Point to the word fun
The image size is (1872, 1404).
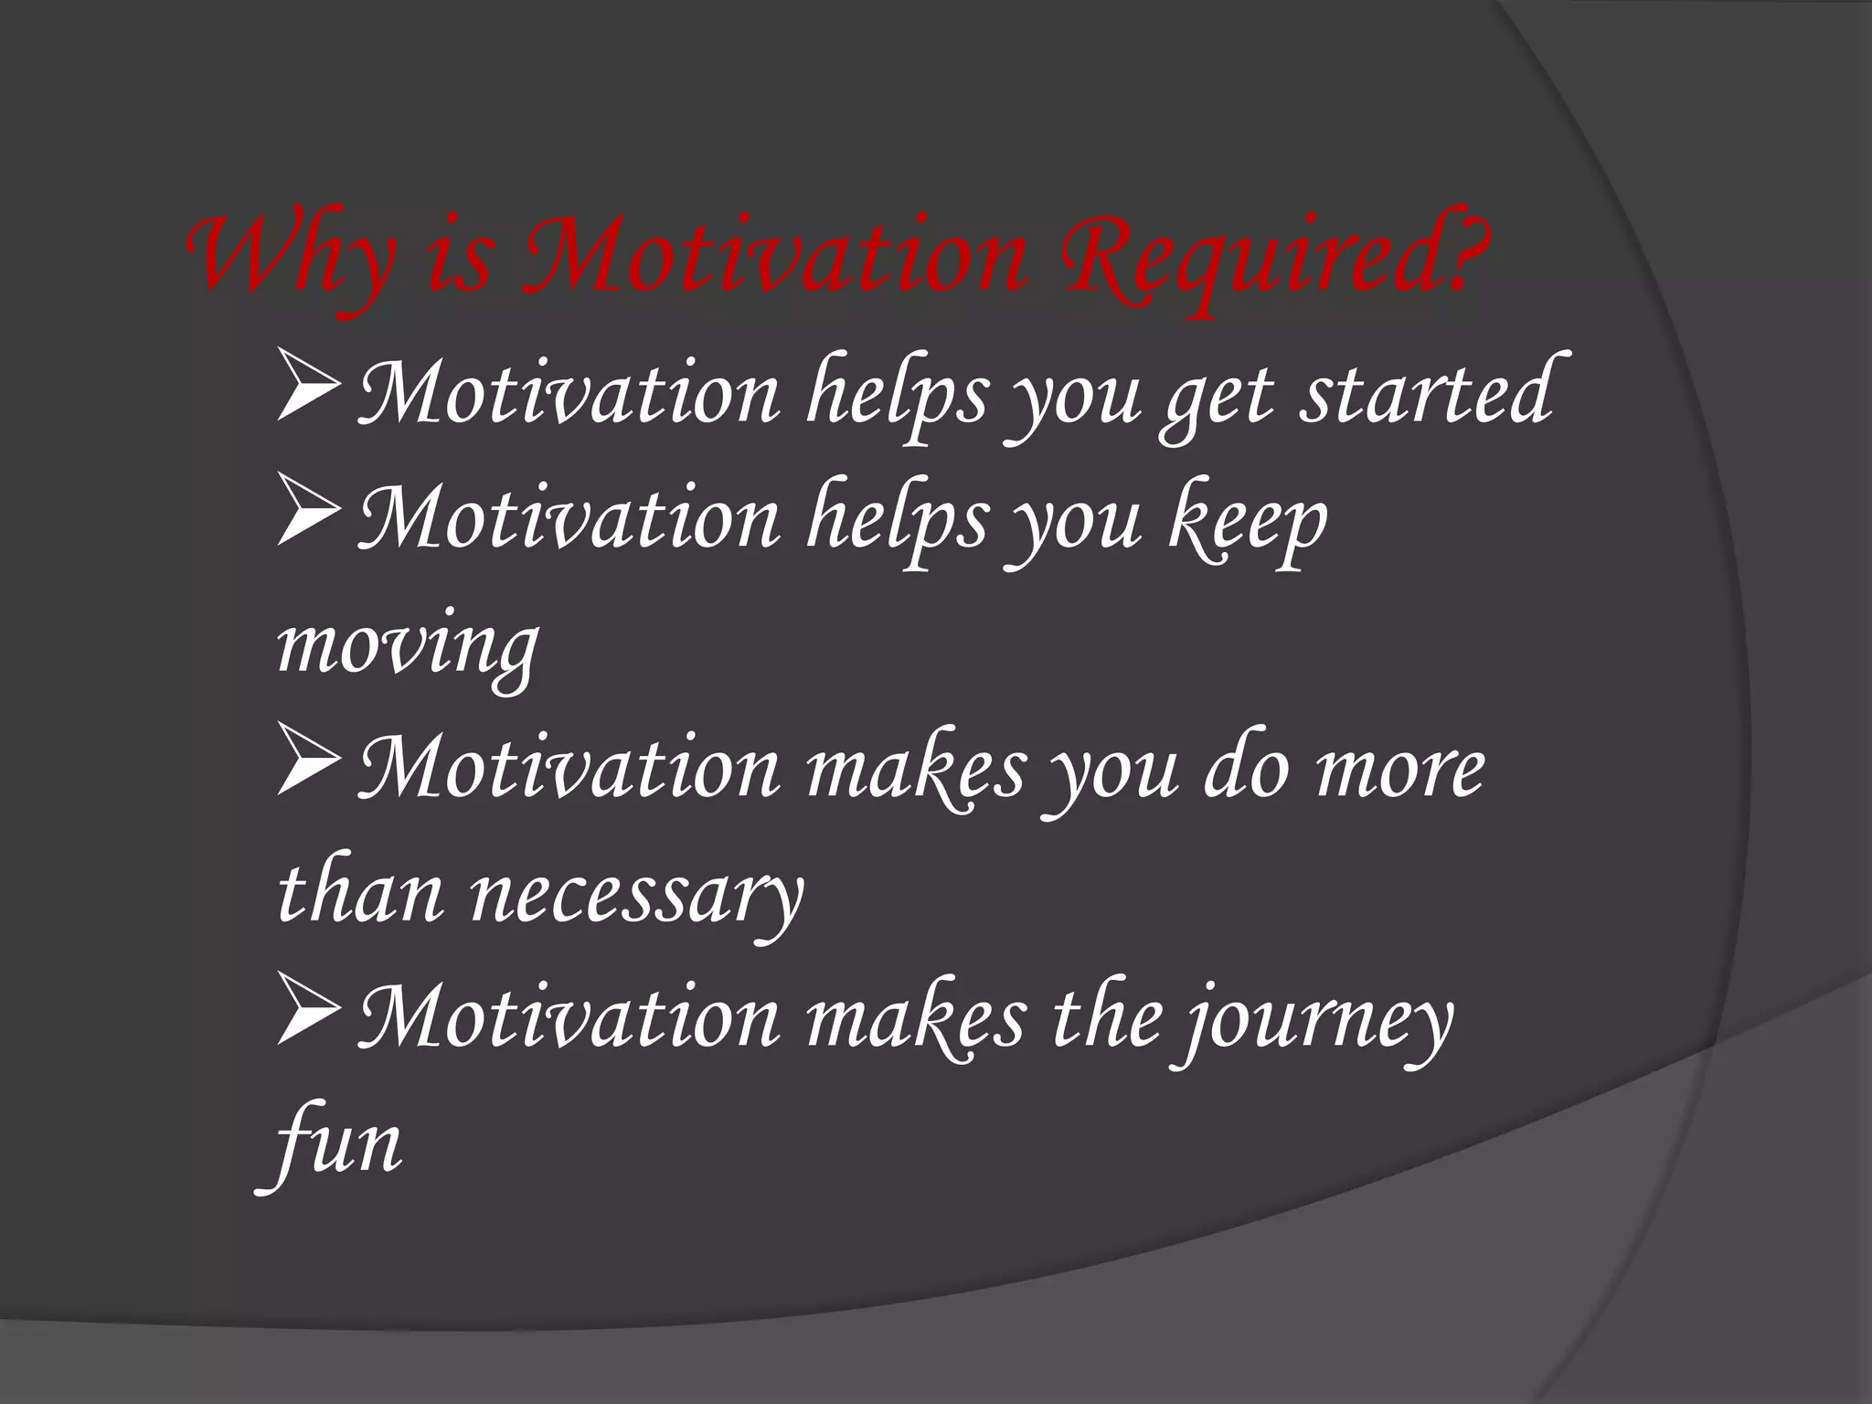335,1144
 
